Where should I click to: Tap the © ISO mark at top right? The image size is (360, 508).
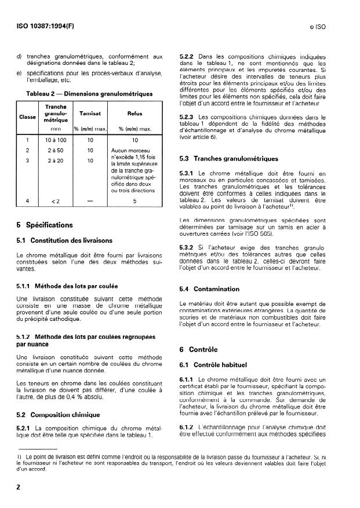pyautogui.click(x=330, y=27)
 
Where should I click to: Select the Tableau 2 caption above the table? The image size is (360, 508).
pyautogui.click(x=89, y=93)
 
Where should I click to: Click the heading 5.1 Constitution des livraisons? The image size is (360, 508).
pyautogui.click(x=65, y=240)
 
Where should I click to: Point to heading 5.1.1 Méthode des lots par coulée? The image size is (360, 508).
pyautogui.click(x=68, y=286)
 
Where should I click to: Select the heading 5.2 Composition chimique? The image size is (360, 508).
pyautogui.click(x=59, y=415)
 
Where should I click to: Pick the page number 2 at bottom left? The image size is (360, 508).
pyautogui.click(x=19, y=487)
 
